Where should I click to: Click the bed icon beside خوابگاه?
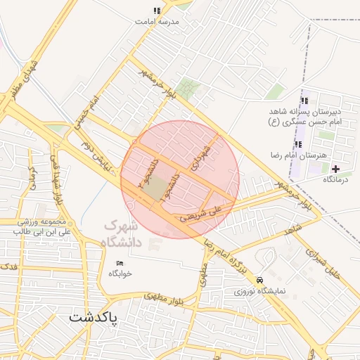(120, 263)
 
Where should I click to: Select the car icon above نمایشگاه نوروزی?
(261, 278)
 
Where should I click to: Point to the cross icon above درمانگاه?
(335, 169)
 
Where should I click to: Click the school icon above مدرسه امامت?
(157, 11)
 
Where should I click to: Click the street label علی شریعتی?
(204, 213)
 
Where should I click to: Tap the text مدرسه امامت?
(157, 22)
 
